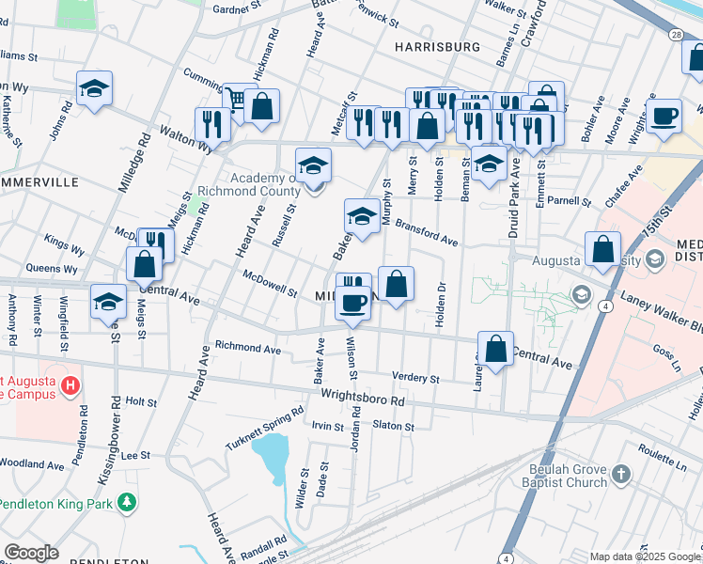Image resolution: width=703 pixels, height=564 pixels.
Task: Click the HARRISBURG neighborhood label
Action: (437, 46)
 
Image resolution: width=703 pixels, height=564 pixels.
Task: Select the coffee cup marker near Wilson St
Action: (353, 303)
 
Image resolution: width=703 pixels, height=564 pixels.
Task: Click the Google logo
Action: (31, 553)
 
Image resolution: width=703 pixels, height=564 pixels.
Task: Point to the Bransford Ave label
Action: (426, 232)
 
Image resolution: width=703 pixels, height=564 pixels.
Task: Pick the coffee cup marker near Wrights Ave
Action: (664, 117)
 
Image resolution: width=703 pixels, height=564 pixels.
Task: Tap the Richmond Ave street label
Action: (248, 349)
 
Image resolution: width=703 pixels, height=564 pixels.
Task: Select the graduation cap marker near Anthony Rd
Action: (109, 302)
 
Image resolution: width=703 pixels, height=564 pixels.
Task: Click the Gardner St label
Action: (236, 9)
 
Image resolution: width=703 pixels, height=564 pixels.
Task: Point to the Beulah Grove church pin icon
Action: (620, 475)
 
